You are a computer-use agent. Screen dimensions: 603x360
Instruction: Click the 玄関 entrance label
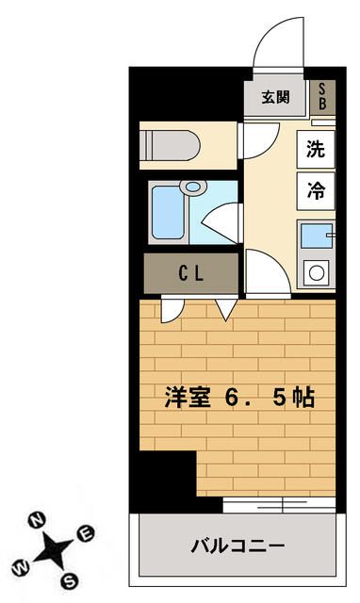(x=275, y=97)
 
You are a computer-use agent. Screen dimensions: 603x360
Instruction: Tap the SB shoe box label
(x=321, y=96)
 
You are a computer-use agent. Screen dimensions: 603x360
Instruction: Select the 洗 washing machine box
(x=317, y=147)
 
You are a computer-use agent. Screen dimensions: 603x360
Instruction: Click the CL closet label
(x=191, y=274)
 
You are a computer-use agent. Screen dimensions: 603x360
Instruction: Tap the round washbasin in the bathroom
(x=195, y=187)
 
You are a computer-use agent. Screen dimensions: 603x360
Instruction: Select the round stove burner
(x=317, y=274)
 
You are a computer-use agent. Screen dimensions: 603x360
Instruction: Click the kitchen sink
(x=316, y=236)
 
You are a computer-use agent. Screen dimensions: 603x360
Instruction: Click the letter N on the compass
(x=38, y=519)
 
